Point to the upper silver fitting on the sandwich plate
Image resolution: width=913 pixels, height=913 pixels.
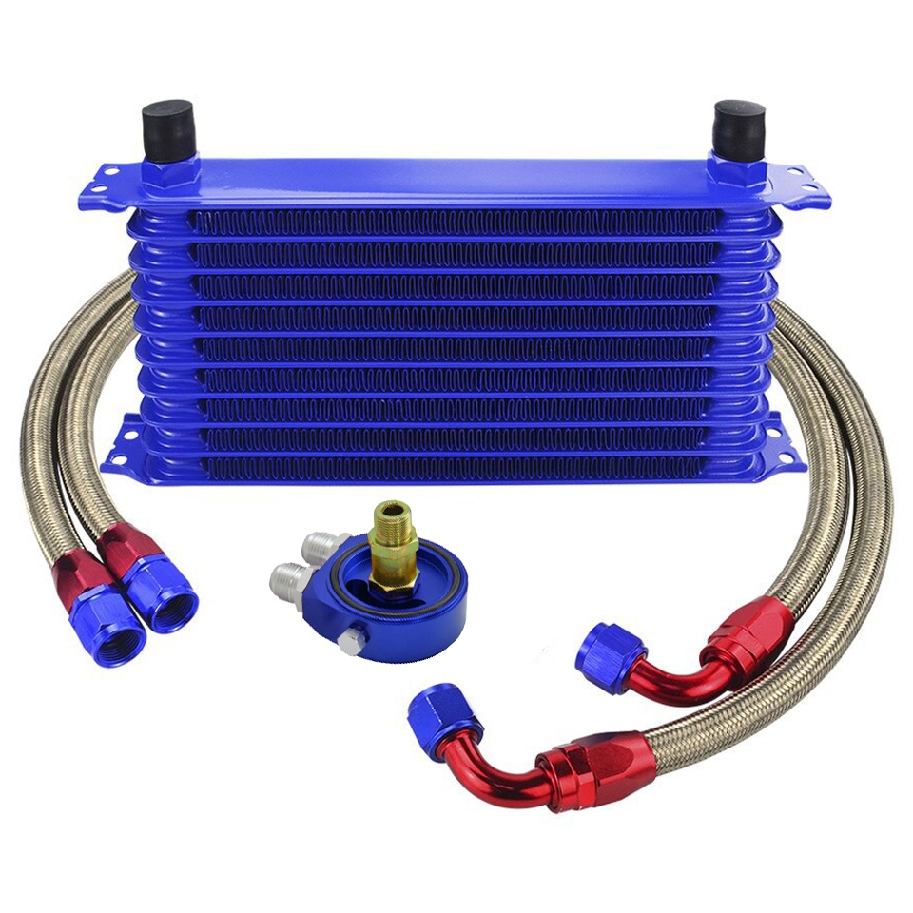click(324, 548)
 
